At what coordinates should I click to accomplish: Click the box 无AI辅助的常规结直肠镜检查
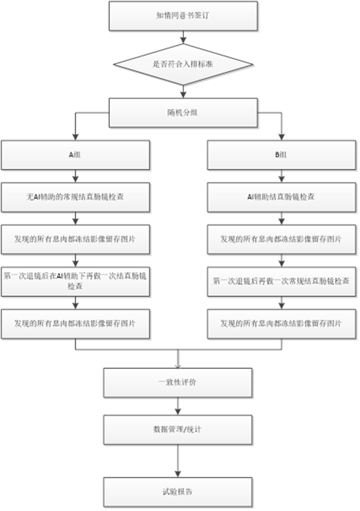tap(75, 197)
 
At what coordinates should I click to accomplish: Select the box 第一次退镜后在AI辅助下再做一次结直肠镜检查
tap(75, 281)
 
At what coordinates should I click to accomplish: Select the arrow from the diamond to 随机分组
tap(184, 91)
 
